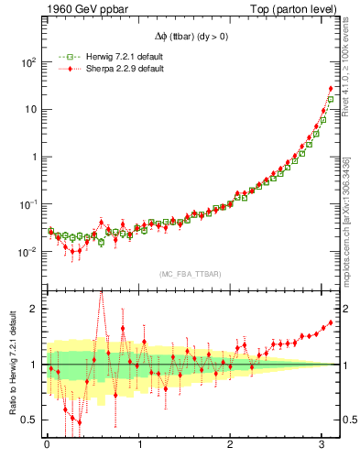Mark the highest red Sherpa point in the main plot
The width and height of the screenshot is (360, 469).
pos(331,89)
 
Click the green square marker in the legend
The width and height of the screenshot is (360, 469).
pos(63,57)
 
